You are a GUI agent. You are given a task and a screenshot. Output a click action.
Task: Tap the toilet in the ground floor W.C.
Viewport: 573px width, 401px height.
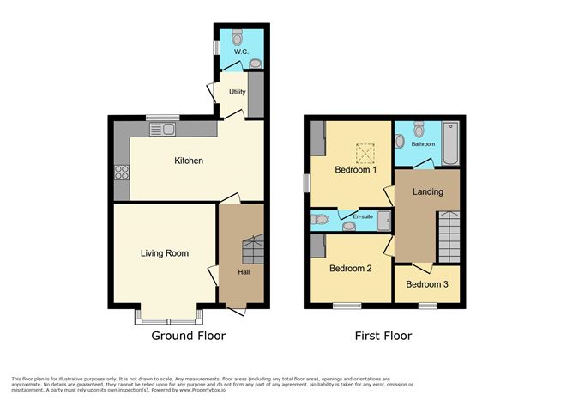pos(237,38)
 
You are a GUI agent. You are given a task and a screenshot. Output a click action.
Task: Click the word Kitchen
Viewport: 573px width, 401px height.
pos(189,161)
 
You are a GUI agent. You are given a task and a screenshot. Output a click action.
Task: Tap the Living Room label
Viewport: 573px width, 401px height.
pos(165,253)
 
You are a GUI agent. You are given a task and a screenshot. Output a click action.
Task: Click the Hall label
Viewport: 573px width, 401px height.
pos(244,272)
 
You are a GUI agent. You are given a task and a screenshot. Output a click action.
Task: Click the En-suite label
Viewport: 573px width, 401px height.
pos(364,218)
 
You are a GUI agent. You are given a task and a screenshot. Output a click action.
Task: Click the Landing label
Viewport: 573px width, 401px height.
pos(426,191)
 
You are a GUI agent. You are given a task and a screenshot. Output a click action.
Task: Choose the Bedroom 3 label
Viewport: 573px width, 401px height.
pos(426,284)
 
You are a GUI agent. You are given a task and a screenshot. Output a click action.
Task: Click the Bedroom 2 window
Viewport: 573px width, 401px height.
pos(347,305)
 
